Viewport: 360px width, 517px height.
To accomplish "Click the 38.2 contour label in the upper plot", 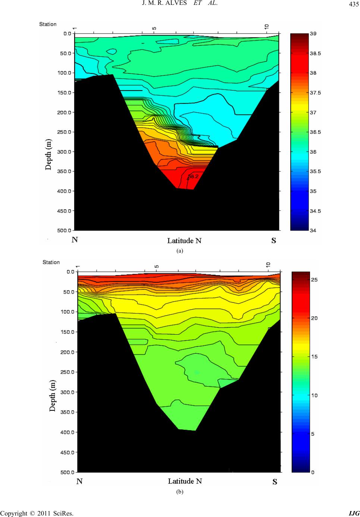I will [x=193, y=176].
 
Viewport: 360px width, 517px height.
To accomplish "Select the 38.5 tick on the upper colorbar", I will [x=316, y=53].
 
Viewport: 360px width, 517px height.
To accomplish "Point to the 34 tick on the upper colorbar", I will [x=313, y=231].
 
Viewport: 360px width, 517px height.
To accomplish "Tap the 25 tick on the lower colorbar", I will [x=314, y=279].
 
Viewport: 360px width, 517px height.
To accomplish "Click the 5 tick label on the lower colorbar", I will [x=313, y=434].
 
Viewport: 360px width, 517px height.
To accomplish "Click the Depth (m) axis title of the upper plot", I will [x=49, y=154].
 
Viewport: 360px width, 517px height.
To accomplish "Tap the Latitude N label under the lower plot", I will [x=185, y=481].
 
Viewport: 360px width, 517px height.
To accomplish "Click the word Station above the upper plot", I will [x=48, y=24].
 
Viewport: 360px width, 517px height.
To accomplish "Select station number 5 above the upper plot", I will [x=154, y=28].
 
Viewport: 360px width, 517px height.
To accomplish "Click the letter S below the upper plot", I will [x=273, y=241].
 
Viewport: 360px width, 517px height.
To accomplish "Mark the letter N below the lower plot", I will [x=79, y=482].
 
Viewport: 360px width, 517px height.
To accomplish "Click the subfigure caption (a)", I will [x=180, y=251].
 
